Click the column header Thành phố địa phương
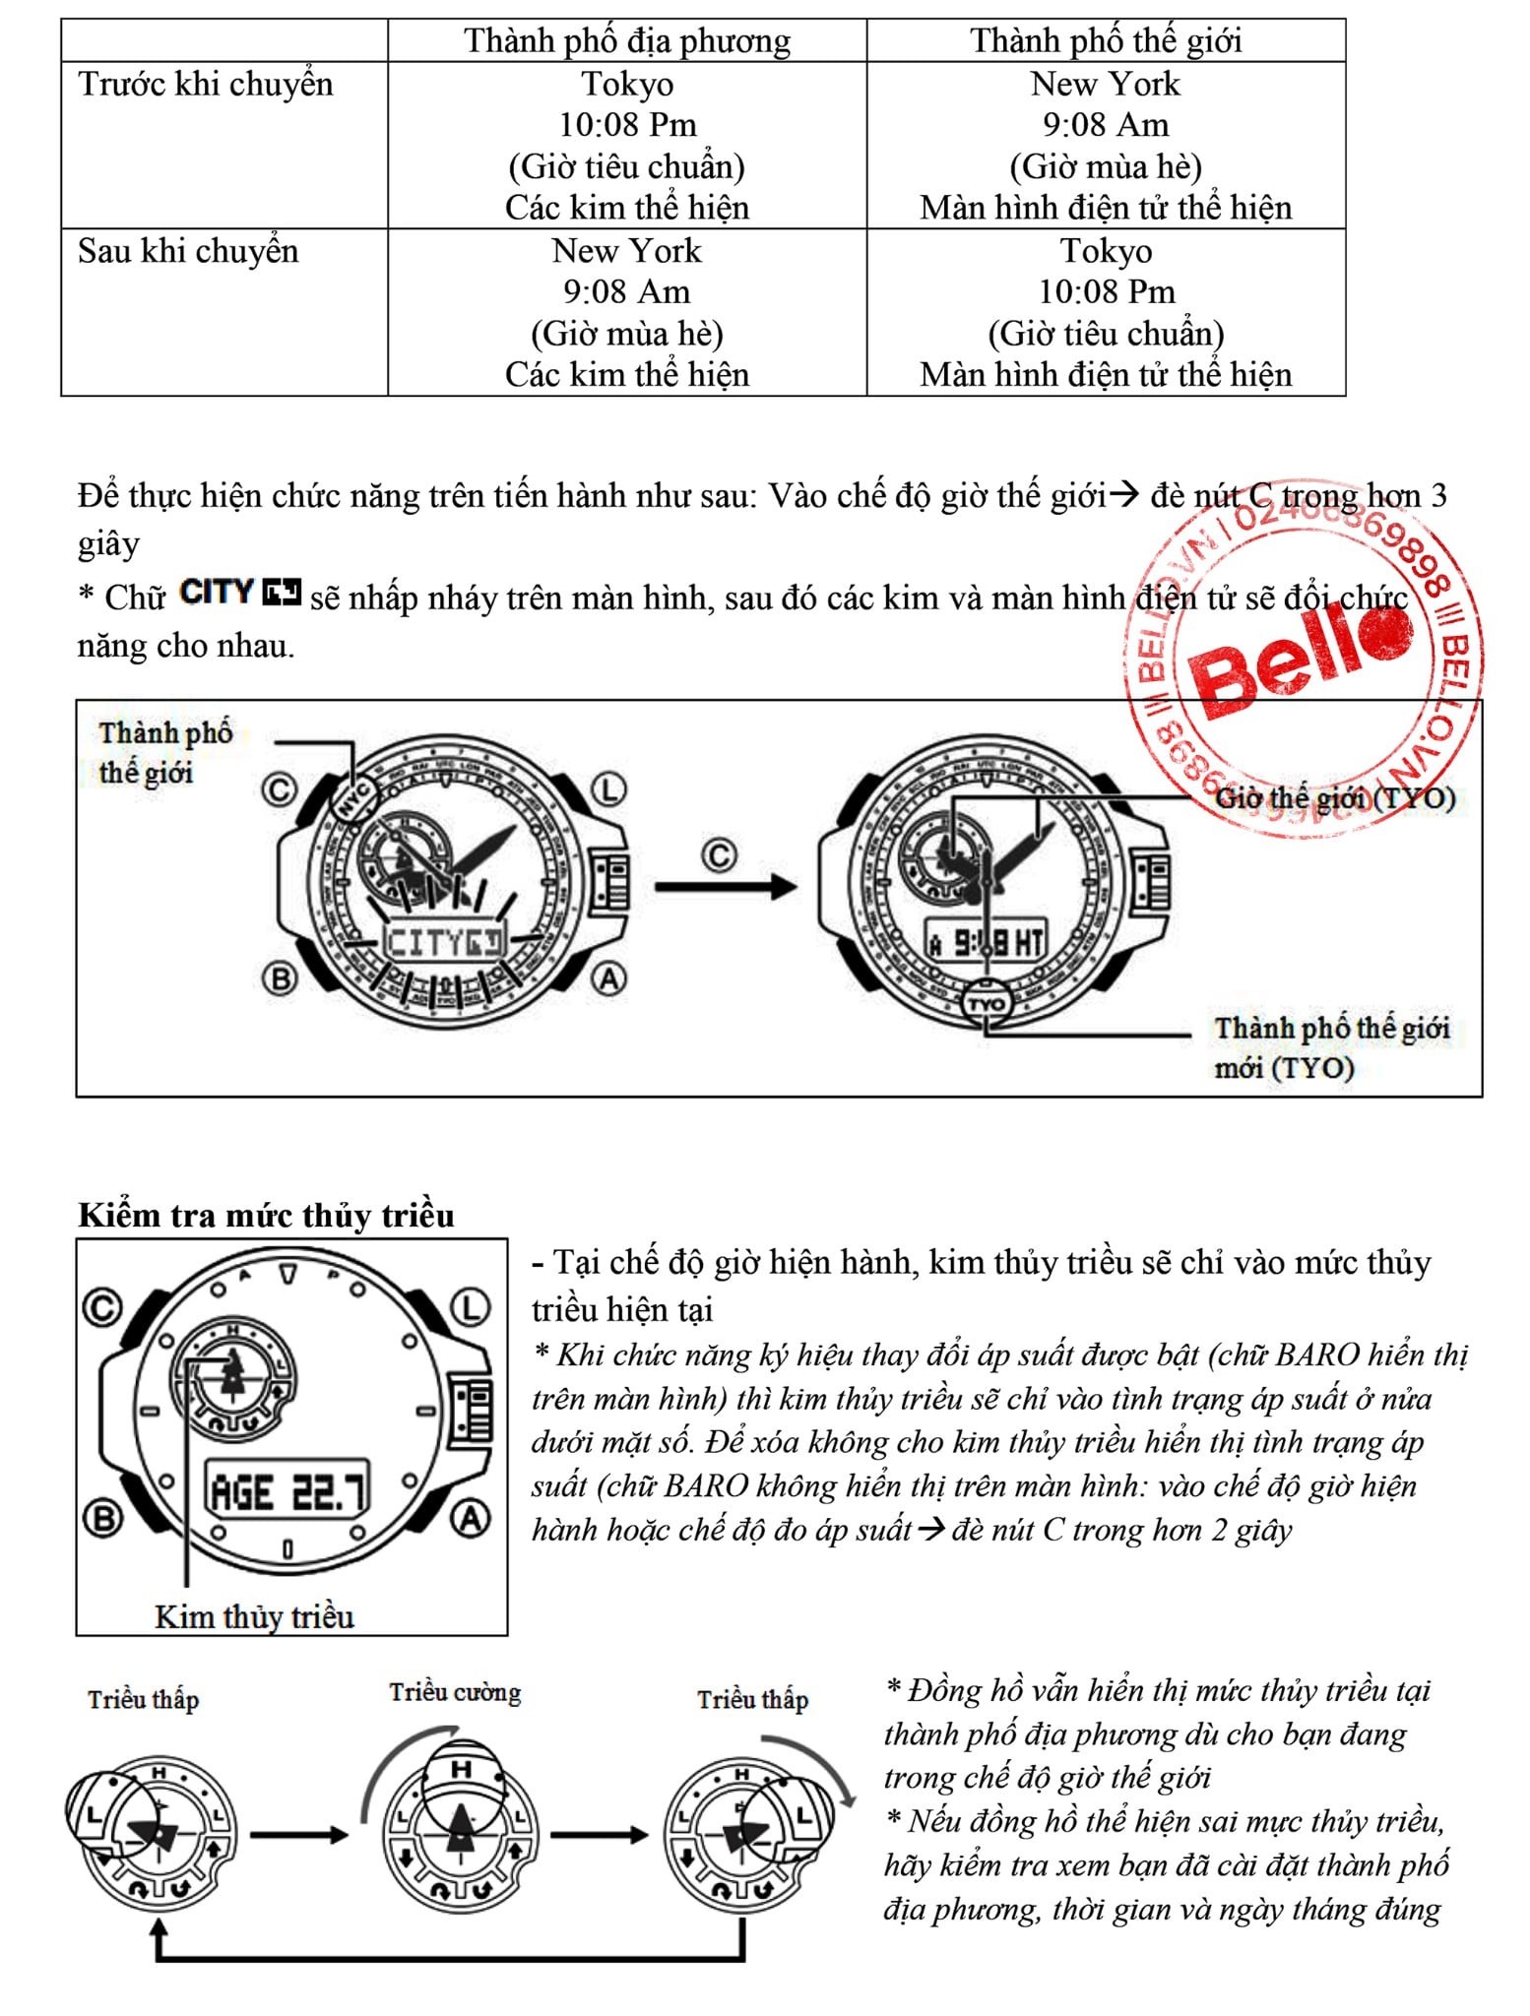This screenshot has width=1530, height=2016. pyautogui.click(x=627, y=41)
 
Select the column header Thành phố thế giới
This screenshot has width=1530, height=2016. pyautogui.click(x=1105, y=41)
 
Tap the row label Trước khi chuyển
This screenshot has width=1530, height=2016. pyautogui.click(x=206, y=85)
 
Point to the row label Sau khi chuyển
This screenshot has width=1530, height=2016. pyautogui.click(x=188, y=251)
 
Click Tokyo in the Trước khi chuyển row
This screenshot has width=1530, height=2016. pyautogui.click(x=627, y=85)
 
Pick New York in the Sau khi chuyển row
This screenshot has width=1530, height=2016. pyautogui.click(x=627, y=251)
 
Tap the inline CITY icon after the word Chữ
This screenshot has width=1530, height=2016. pyautogui.click(x=240, y=593)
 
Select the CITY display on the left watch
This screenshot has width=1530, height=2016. pyautogui.click(x=443, y=942)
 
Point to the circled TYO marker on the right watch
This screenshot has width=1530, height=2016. pyautogui.click(x=987, y=1003)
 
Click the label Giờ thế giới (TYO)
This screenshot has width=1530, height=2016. pyautogui.click(x=1334, y=797)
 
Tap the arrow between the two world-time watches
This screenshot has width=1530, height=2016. pyautogui.click(x=726, y=885)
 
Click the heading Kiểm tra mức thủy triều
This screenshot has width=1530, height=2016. pyautogui.click(x=266, y=1216)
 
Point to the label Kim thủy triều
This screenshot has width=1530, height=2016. pyautogui.click(x=254, y=1617)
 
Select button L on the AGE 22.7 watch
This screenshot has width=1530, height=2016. pyautogui.click(x=471, y=1308)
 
